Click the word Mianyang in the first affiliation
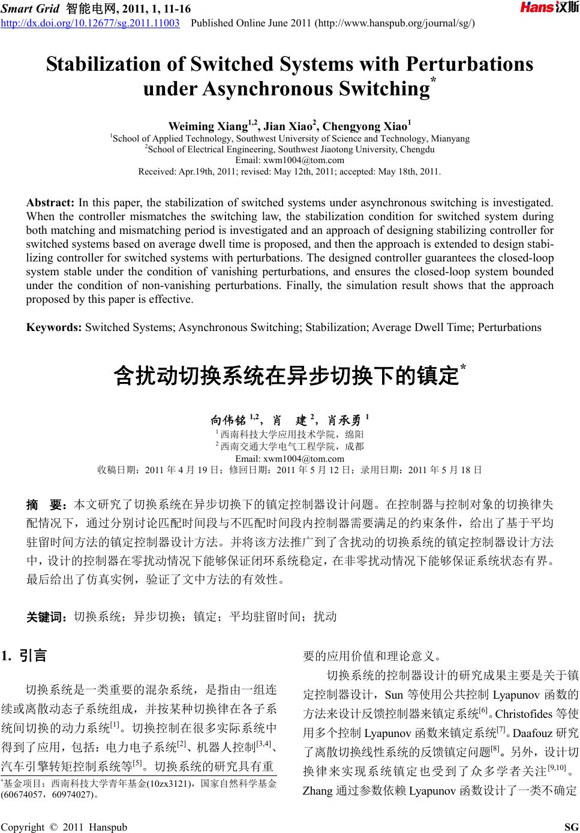click(x=450, y=139)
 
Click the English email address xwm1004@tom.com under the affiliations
click(x=290, y=160)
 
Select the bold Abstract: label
click(x=50, y=203)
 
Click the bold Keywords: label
click(x=54, y=327)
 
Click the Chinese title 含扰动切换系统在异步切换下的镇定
click(x=287, y=377)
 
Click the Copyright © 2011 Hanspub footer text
click(x=64, y=828)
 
